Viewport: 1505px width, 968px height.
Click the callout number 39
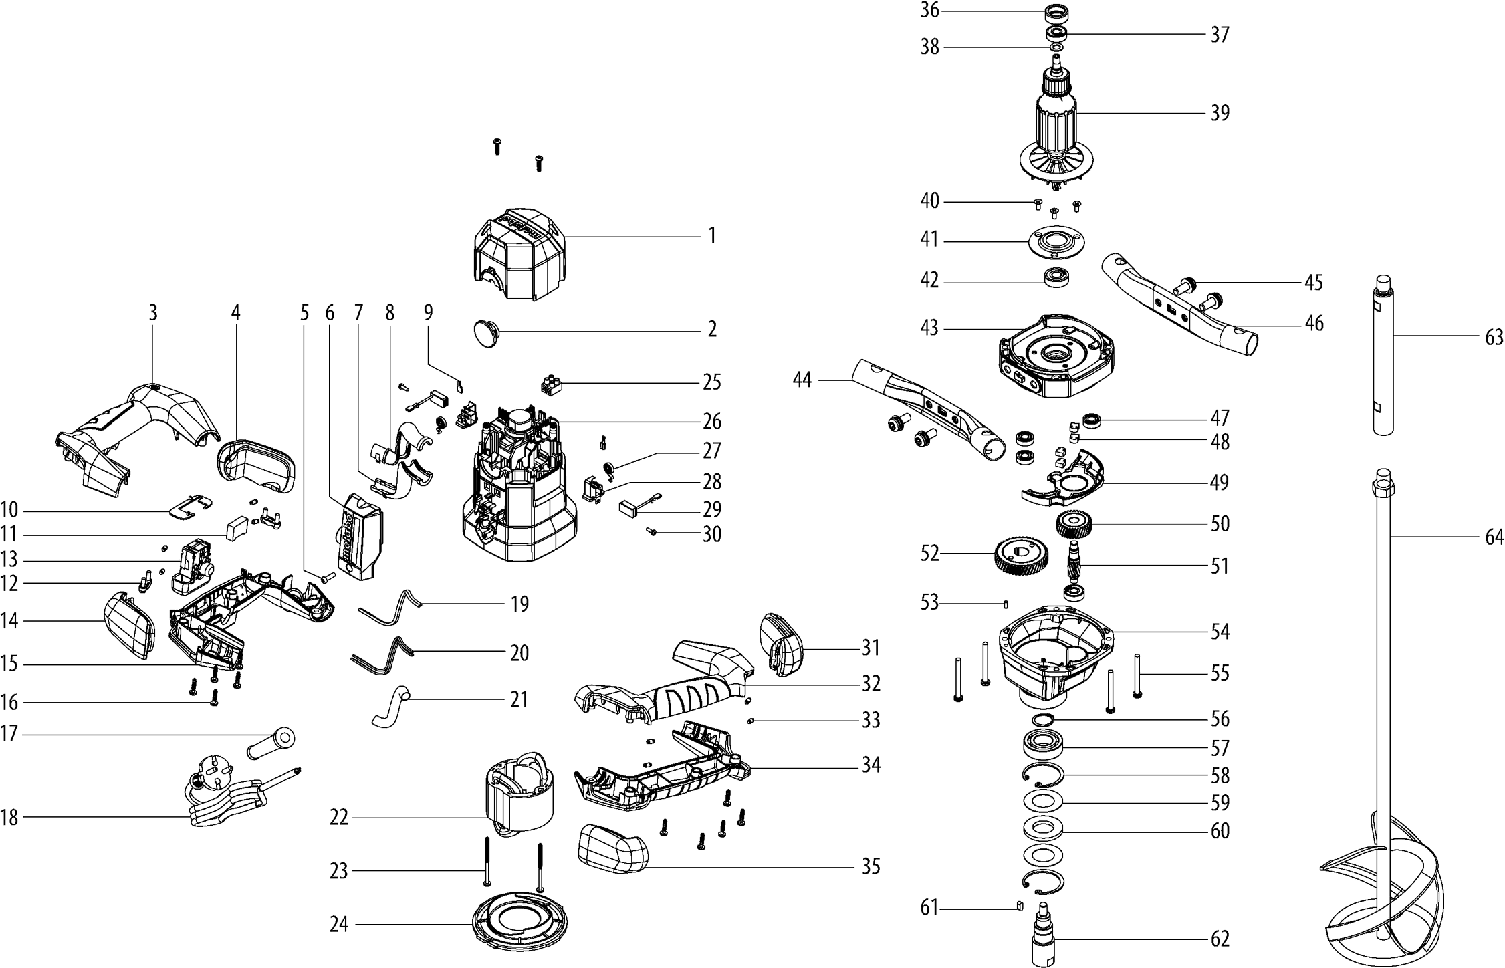1220,113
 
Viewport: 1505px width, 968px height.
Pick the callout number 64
1494,537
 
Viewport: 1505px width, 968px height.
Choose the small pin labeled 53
1006,604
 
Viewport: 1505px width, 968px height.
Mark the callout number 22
339,818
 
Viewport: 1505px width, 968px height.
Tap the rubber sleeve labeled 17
273,741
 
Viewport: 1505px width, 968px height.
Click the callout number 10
9,511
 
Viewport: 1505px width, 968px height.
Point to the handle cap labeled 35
612,849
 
